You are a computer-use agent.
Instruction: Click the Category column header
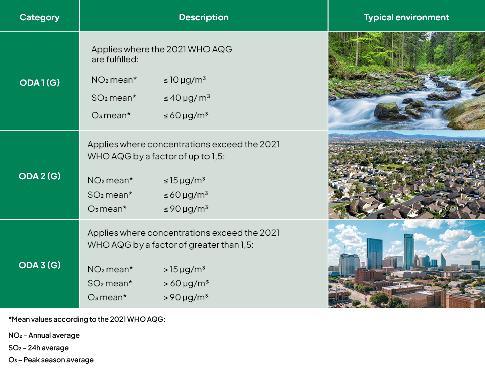(x=40, y=17)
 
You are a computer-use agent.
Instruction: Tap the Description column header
(x=203, y=17)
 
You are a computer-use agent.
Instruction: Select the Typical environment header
(x=406, y=17)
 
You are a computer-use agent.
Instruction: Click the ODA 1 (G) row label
(x=40, y=82)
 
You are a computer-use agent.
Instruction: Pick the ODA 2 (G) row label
(x=40, y=176)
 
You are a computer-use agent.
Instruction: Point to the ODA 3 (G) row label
(x=40, y=265)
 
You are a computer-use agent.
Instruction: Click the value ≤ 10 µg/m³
(x=185, y=80)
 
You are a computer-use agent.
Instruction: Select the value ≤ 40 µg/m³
(x=187, y=98)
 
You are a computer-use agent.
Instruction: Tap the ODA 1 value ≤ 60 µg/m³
(x=185, y=115)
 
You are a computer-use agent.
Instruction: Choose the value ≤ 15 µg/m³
(x=184, y=180)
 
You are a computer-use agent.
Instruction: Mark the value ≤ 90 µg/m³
(x=185, y=209)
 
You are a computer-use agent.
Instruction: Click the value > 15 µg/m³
(x=184, y=269)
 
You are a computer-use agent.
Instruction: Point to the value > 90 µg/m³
(x=185, y=297)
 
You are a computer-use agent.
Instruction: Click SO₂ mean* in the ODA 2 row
(x=110, y=195)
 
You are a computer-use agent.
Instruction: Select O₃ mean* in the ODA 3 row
(x=107, y=297)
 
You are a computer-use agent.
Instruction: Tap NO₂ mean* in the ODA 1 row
(x=114, y=80)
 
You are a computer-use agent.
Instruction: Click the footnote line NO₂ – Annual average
(x=44, y=335)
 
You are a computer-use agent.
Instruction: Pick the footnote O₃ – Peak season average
(x=51, y=360)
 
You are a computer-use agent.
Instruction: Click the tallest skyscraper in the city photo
(x=408, y=252)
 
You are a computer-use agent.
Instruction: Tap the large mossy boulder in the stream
(x=387, y=110)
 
